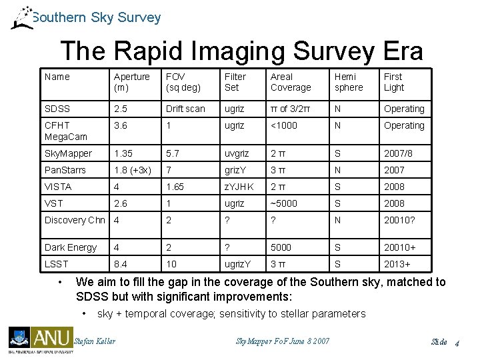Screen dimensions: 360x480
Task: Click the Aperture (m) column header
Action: [x=131, y=82]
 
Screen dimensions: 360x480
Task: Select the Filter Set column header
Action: [x=235, y=82]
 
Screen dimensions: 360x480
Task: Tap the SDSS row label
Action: [x=57, y=109]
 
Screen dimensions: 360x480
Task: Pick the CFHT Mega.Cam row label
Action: [x=65, y=131]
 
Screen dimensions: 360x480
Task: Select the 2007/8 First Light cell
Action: [x=398, y=153]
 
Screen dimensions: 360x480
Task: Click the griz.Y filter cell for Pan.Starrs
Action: [x=237, y=170]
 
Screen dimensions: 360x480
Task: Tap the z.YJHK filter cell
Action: [x=239, y=187]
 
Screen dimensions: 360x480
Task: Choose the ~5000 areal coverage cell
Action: [x=284, y=203]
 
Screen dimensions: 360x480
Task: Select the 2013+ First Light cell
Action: [x=398, y=264]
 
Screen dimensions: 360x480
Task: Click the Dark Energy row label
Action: [x=71, y=247]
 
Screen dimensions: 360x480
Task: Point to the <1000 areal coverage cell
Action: [x=284, y=125]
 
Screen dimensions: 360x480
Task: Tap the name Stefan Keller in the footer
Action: [x=95, y=341]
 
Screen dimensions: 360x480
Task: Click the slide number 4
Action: [x=458, y=342]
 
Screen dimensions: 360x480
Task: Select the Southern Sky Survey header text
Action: [x=96, y=17]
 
